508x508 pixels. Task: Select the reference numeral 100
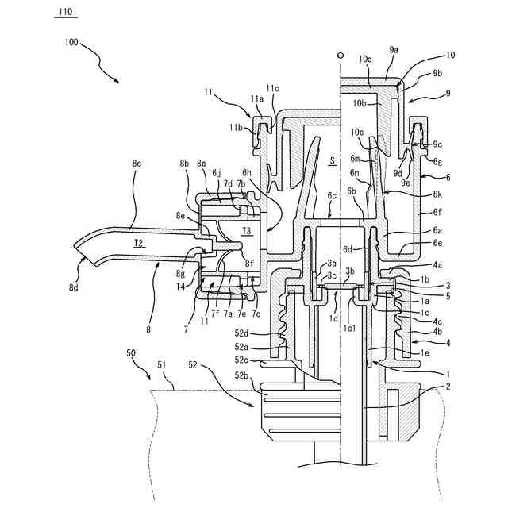click(67, 44)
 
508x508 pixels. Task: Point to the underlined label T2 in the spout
click(139, 242)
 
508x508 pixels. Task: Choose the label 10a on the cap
click(365, 59)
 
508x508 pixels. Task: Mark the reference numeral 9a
click(394, 49)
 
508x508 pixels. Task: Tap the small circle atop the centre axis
click(340, 57)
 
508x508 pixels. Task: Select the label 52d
click(241, 333)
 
